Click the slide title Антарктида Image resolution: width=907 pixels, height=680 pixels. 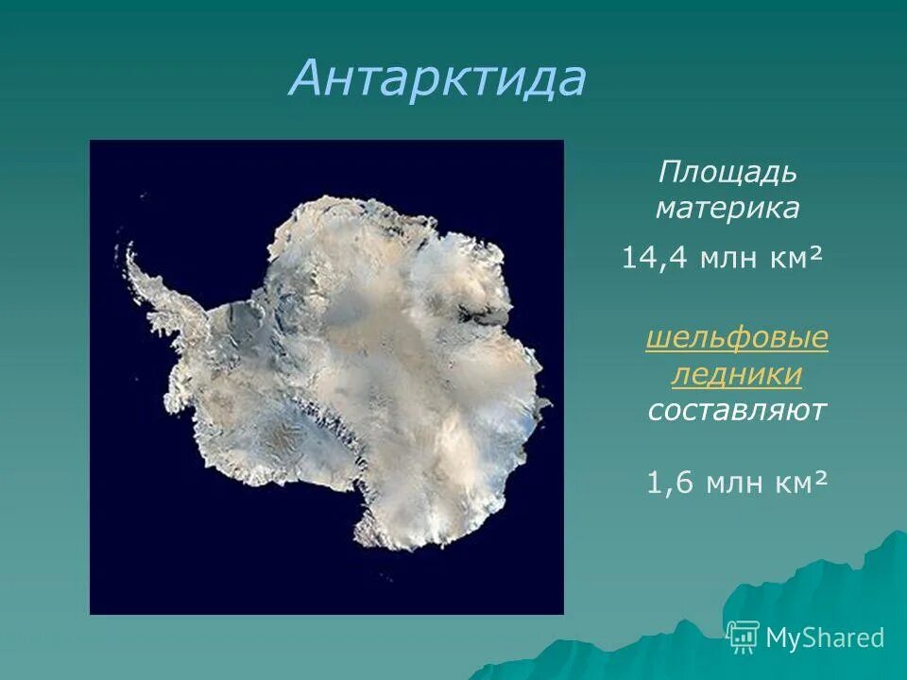point(437,78)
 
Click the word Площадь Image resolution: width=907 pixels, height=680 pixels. point(727,175)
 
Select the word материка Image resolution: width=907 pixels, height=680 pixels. point(727,209)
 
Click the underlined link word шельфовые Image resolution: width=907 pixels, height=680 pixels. point(737,340)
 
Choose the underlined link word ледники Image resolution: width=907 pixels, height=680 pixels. point(737,375)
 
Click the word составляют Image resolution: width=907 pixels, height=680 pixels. point(737,411)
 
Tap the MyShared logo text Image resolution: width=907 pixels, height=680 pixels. point(825,637)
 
